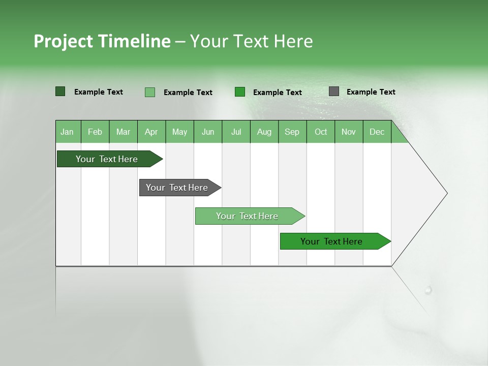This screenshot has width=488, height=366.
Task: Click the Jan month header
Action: coord(68,132)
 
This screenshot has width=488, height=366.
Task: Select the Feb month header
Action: coord(95,132)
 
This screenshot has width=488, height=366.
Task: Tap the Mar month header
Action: coord(123,132)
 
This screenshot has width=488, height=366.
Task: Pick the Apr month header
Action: coord(151,132)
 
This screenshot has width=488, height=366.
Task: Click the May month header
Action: coord(179,132)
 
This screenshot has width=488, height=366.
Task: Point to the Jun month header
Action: coord(208,132)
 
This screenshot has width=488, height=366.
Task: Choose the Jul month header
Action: coord(236,132)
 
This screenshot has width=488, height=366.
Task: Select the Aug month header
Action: coord(264,132)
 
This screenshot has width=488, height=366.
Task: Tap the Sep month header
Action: coord(292,132)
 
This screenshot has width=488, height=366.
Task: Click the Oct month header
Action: coord(321,132)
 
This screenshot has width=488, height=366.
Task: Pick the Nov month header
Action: coord(349,132)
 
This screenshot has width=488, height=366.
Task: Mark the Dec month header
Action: coord(377,132)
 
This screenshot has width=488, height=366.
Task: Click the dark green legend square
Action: coord(60,91)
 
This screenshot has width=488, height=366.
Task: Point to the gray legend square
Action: coord(334,91)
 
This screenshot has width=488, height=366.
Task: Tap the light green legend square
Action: coord(150,92)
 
